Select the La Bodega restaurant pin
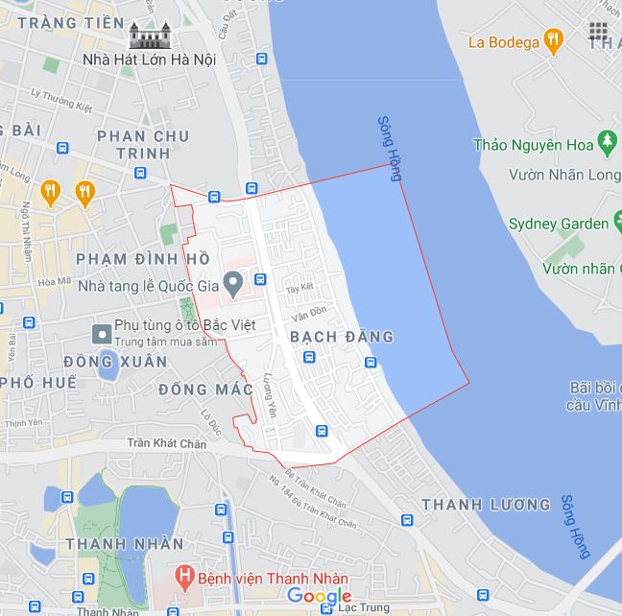(552, 41)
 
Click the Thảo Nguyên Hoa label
(534, 145)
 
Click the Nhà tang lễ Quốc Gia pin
(232, 283)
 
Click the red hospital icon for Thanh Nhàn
(184, 579)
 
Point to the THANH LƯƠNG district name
(486, 505)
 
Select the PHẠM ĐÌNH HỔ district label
(142, 259)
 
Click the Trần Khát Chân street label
(166, 444)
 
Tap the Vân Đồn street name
(310, 314)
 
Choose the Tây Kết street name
(299, 286)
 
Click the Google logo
(320, 597)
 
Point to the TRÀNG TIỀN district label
(71, 21)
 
